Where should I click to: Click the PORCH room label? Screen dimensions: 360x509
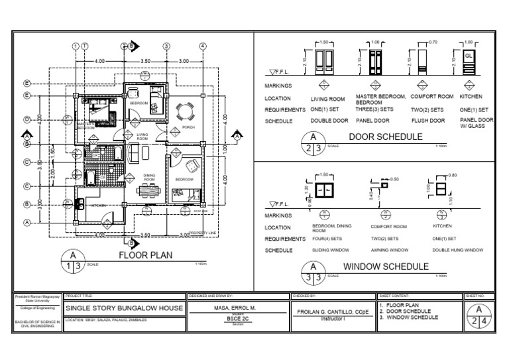pyautogui.click(x=188, y=127)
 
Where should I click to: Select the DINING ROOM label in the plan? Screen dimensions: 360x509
pyautogui.click(x=149, y=178)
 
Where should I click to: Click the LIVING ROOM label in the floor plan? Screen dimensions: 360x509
pyautogui.click(x=142, y=136)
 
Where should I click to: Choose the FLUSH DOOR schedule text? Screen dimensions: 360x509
pyautogui.click(x=427, y=121)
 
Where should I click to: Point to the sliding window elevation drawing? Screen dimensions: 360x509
pyautogui.click(x=324, y=192)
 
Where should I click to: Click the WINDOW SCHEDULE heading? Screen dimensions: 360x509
pyautogui.click(x=386, y=267)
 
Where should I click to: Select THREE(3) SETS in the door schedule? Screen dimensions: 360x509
pyautogui.click(x=374, y=109)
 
